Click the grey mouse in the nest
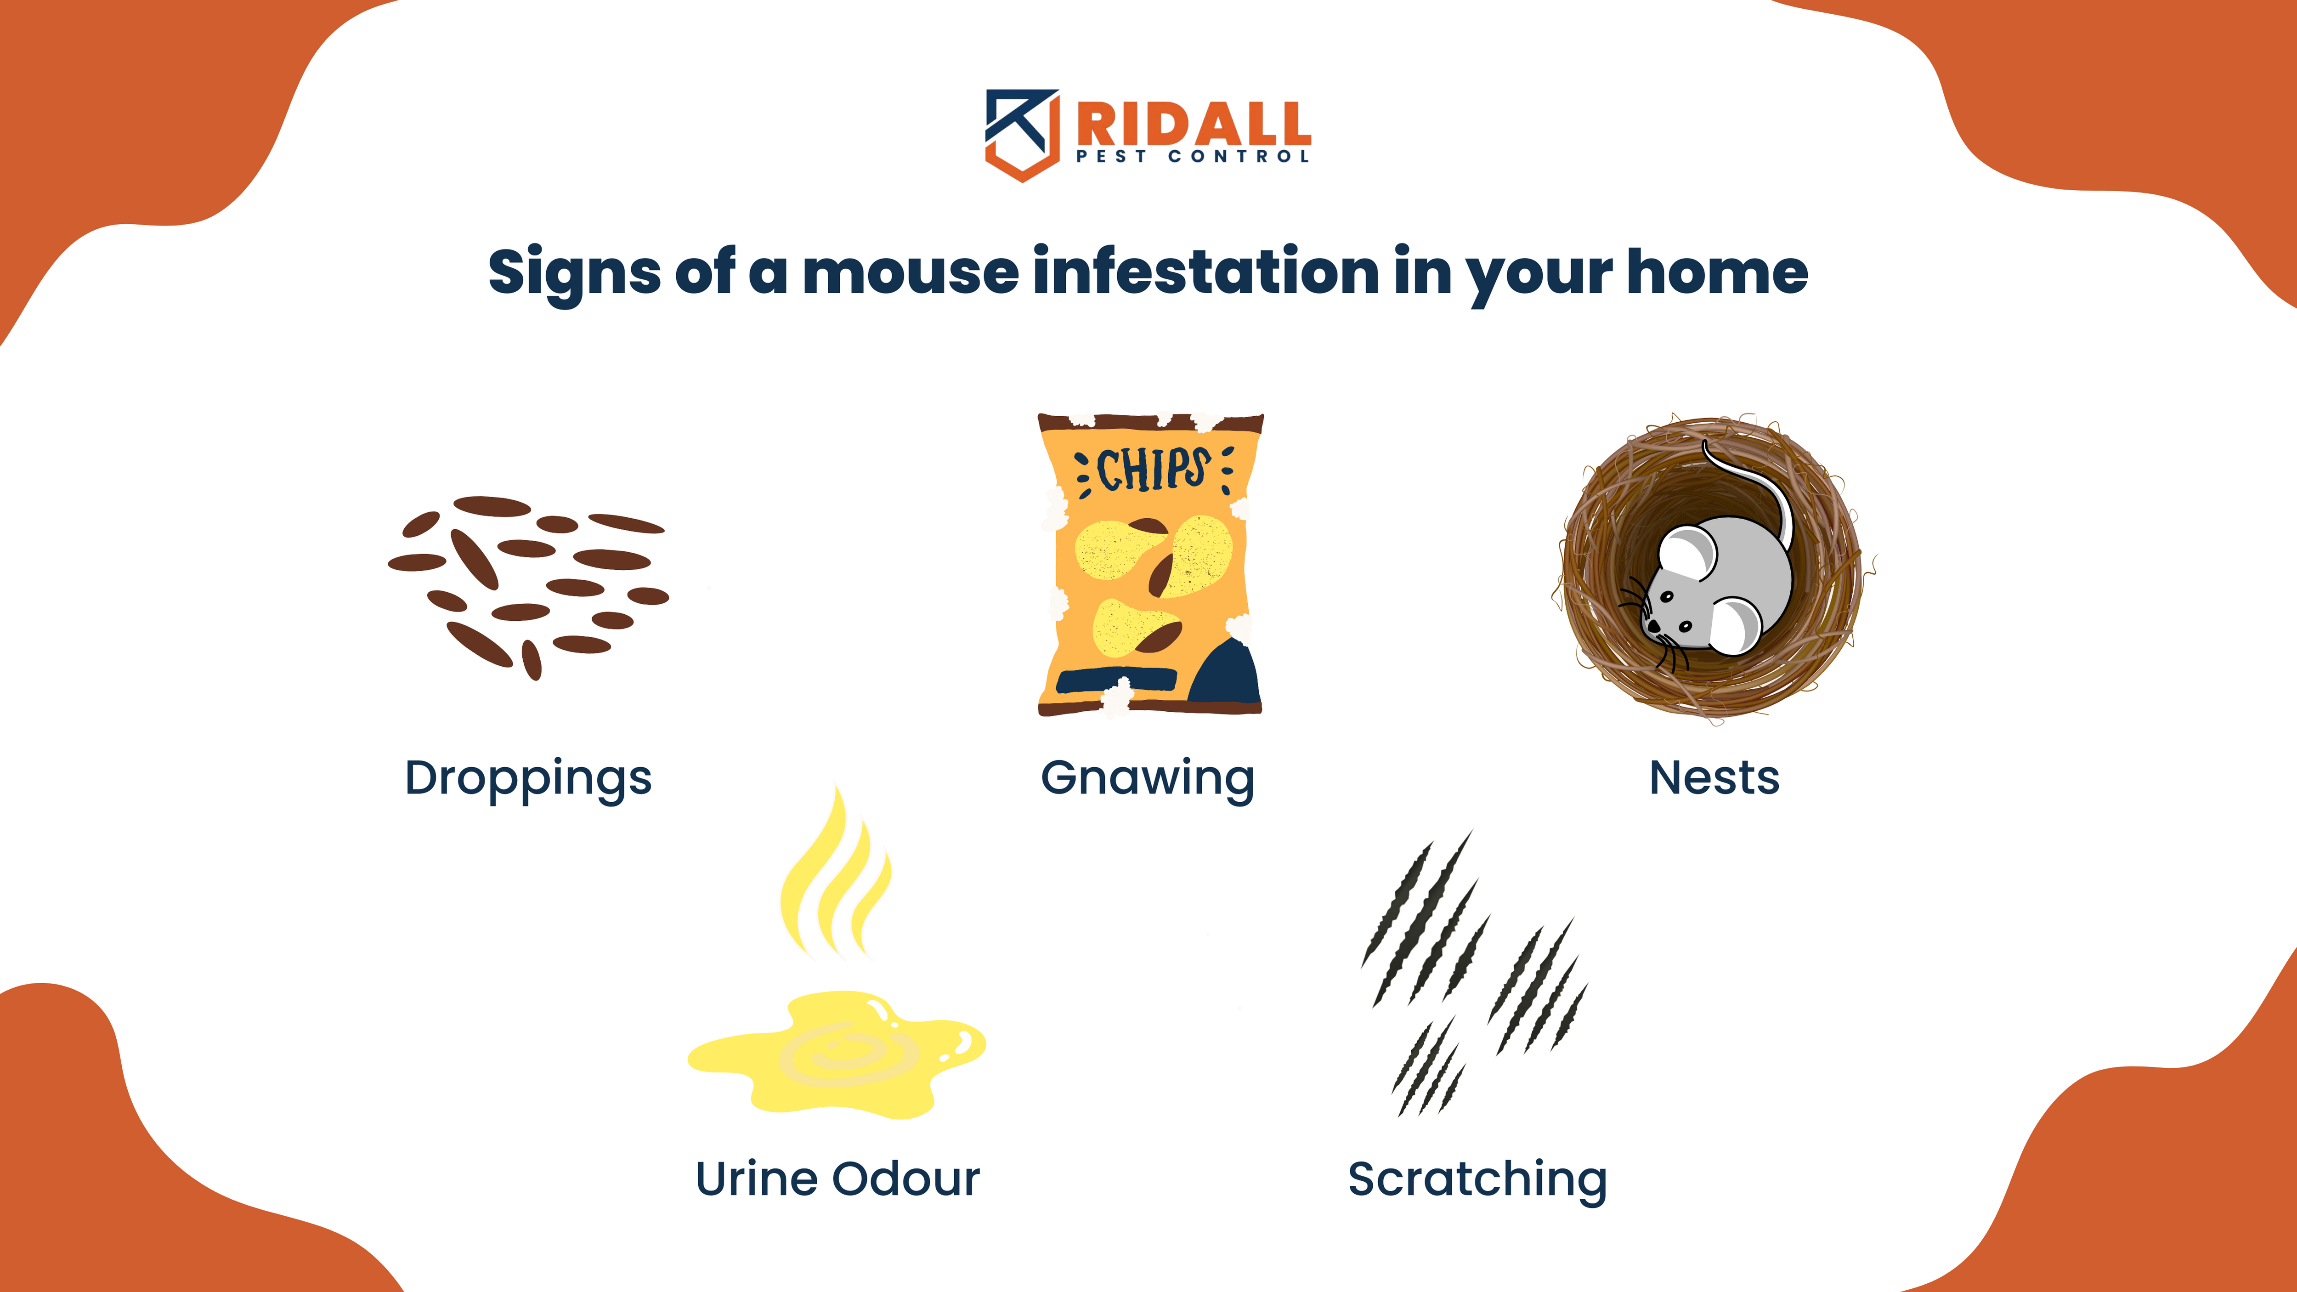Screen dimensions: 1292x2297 pyautogui.click(x=1716, y=584)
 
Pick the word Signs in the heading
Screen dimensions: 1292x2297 pyautogui.click(x=574, y=272)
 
